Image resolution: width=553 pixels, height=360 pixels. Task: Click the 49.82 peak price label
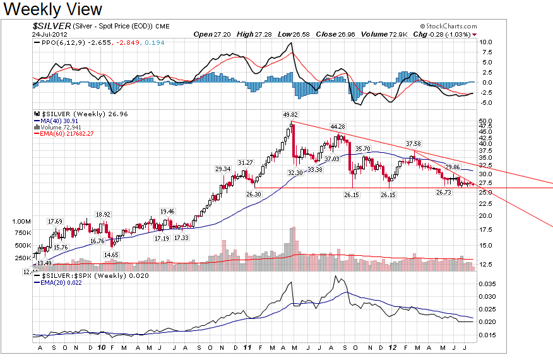(290, 115)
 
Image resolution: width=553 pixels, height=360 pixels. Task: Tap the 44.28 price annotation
(338, 127)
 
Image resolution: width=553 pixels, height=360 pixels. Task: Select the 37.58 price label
(413, 143)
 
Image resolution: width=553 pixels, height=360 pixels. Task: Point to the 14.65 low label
(111, 255)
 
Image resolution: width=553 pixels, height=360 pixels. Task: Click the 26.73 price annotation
(444, 193)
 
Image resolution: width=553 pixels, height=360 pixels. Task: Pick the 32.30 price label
(295, 172)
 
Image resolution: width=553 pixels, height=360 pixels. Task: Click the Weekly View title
(52, 9)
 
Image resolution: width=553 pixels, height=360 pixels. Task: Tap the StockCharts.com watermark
(449, 26)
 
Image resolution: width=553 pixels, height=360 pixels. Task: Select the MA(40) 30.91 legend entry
(56, 121)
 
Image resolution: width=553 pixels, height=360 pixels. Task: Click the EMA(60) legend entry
(64, 134)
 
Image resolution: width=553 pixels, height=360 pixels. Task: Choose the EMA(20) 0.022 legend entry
(58, 283)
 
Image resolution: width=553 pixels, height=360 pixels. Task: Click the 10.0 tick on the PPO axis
(485, 42)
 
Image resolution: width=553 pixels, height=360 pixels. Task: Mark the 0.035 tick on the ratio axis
(487, 284)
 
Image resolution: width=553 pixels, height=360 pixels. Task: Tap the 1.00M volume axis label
(21, 222)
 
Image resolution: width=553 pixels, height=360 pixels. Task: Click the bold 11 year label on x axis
(247, 347)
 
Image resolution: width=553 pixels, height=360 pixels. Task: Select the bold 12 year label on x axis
(392, 347)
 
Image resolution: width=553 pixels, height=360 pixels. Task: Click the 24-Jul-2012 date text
(50, 34)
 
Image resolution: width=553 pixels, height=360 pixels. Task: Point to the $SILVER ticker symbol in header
(52, 26)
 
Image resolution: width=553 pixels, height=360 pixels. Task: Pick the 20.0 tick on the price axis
(485, 215)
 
